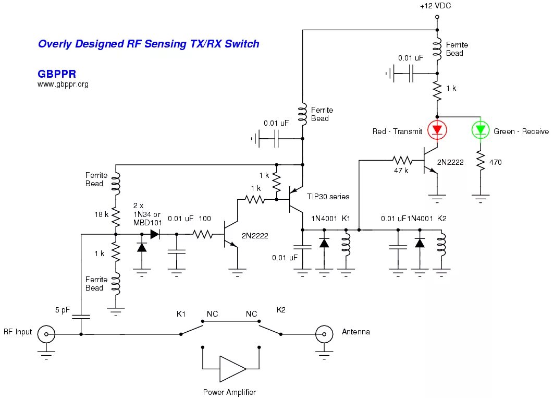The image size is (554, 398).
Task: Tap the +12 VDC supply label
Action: [435, 6]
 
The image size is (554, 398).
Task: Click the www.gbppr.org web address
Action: [63, 84]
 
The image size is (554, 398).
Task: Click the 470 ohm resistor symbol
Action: [479, 162]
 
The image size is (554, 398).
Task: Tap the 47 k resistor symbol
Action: [402, 159]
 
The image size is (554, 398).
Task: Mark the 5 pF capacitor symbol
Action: [81, 316]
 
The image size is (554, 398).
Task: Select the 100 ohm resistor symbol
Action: [203, 235]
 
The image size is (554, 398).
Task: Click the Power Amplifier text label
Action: [230, 392]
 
